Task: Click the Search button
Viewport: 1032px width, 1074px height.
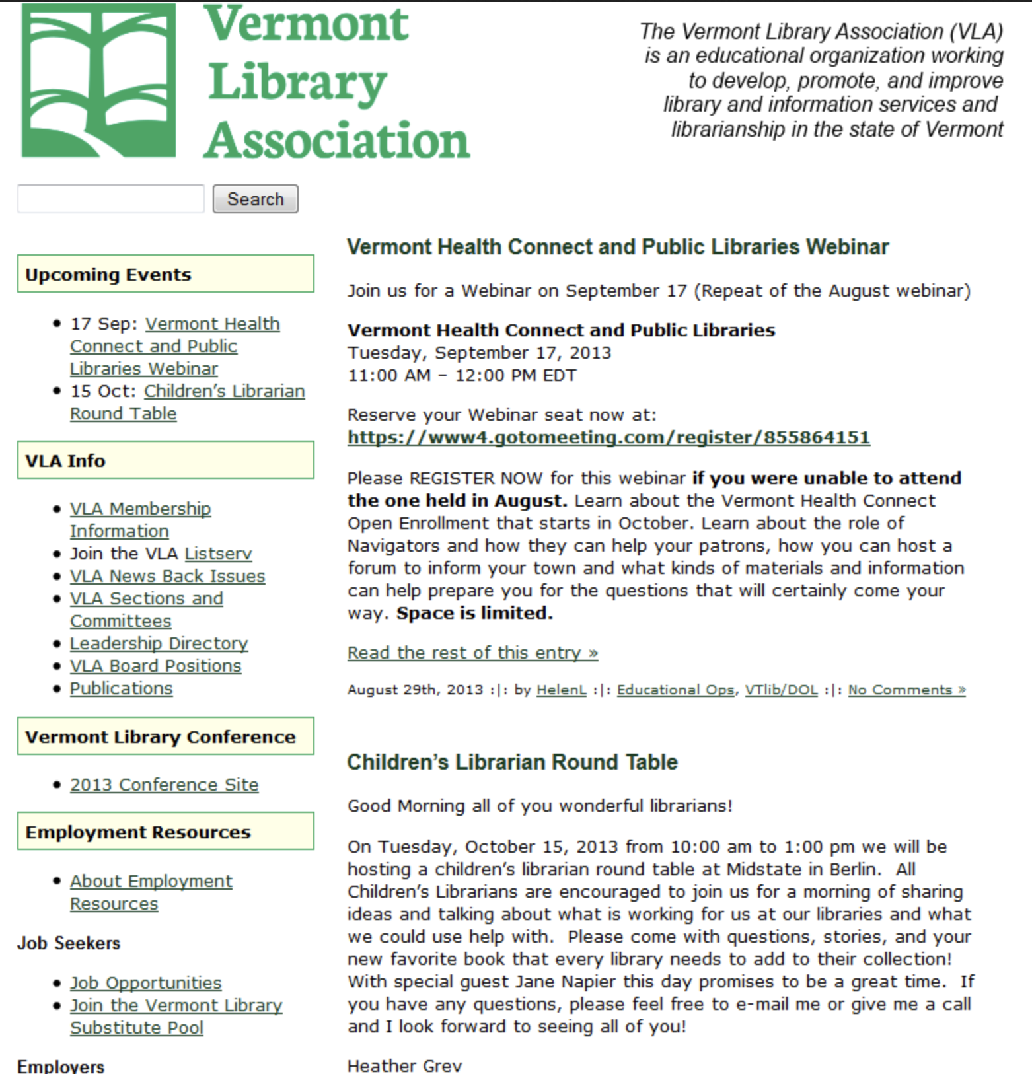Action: pyautogui.click(x=255, y=199)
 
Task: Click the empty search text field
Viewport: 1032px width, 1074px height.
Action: pyautogui.click(x=110, y=199)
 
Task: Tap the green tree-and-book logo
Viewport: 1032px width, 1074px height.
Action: pyautogui.click(x=99, y=80)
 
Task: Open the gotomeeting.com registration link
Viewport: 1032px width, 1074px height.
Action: pyautogui.click(x=608, y=437)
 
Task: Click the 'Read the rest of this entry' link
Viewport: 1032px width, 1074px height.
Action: pyautogui.click(x=472, y=653)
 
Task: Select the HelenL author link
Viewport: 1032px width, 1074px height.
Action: pyautogui.click(x=561, y=690)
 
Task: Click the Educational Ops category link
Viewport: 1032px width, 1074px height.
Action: pyautogui.click(x=675, y=690)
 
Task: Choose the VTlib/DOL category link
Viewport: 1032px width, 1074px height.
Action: pyautogui.click(x=781, y=690)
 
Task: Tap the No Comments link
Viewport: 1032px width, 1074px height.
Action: pyautogui.click(x=906, y=690)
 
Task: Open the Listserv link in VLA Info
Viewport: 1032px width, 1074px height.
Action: pyautogui.click(x=218, y=554)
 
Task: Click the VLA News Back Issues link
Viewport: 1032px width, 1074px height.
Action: pyautogui.click(x=167, y=576)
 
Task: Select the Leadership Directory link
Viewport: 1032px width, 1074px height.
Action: pyautogui.click(x=159, y=643)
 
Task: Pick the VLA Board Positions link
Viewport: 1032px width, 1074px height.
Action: pyautogui.click(x=155, y=666)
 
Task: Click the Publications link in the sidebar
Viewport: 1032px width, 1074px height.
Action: pyautogui.click(x=121, y=688)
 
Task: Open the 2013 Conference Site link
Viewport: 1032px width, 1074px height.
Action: pyautogui.click(x=164, y=785)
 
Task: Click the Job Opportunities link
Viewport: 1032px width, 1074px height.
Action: pyautogui.click(x=145, y=983)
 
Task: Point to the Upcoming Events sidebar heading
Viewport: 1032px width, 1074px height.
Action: pyautogui.click(x=108, y=274)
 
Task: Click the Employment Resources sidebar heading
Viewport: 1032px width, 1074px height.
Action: pyautogui.click(x=138, y=832)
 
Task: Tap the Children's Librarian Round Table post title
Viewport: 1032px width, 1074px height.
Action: pyautogui.click(x=512, y=762)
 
